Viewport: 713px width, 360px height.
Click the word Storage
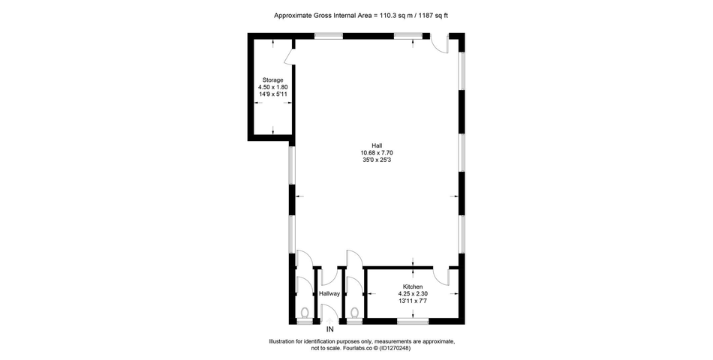pyautogui.click(x=273, y=80)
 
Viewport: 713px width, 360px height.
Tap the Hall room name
pyautogui.click(x=377, y=145)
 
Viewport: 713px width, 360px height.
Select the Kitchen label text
pyautogui.click(x=413, y=286)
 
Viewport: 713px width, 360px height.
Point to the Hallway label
pyautogui.click(x=329, y=294)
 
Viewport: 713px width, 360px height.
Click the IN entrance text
pyautogui.click(x=330, y=329)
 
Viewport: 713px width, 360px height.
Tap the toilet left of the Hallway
pyautogui.click(x=305, y=312)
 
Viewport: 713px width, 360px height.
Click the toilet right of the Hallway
pyautogui.click(x=355, y=312)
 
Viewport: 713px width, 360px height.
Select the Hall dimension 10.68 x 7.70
pyautogui.click(x=377, y=153)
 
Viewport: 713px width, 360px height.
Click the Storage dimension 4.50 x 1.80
pyautogui.click(x=273, y=87)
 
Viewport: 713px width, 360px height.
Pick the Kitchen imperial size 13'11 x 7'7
pyautogui.click(x=413, y=301)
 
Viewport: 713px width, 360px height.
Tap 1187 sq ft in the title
pyautogui.click(x=433, y=16)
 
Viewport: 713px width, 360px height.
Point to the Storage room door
pyautogui.click(x=289, y=57)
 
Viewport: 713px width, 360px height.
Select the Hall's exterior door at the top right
pyautogui.click(x=440, y=44)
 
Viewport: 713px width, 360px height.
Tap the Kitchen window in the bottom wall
pyautogui.click(x=413, y=321)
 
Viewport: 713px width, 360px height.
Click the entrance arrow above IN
pyautogui.click(x=330, y=321)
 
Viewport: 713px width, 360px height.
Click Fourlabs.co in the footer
pyautogui.click(x=358, y=349)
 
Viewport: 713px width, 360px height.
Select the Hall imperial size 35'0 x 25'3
pyautogui.click(x=377, y=160)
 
